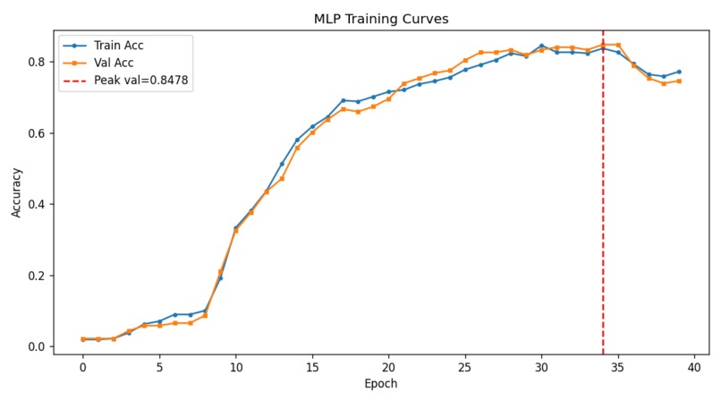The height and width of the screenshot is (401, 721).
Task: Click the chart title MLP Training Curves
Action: coord(381,19)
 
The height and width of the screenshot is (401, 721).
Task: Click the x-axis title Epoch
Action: coord(381,383)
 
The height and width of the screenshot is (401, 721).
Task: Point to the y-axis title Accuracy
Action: coord(16,192)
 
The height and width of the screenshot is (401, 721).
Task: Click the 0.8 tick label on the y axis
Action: coord(38,62)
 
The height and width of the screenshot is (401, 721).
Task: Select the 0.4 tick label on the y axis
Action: coord(38,204)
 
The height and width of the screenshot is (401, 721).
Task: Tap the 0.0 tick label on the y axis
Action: coord(38,346)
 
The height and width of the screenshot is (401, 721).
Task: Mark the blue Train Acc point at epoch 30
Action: coord(541,46)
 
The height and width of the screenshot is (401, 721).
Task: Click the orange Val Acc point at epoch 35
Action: coord(618,45)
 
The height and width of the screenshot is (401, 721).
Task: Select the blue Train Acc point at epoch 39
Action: coord(679,72)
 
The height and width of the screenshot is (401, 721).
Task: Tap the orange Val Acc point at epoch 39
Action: coord(679,81)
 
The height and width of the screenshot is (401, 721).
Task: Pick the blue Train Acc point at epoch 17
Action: coord(343,100)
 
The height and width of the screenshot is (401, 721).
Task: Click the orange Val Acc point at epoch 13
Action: coord(282,178)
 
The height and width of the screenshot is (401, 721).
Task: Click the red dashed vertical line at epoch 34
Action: coord(603,224)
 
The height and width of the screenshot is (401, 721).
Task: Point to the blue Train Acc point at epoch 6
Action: coord(174,314)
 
